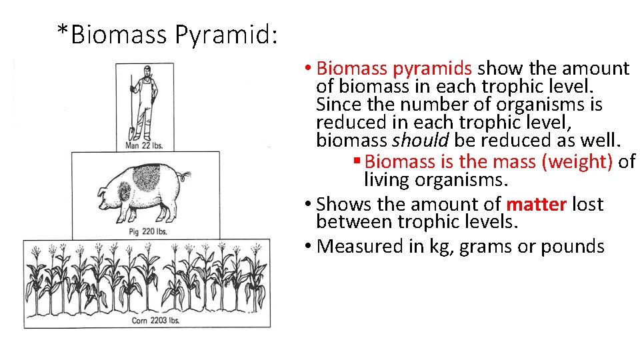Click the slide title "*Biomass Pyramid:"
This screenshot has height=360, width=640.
click(166, 34)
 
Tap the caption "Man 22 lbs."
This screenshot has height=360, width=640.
click(144, 145)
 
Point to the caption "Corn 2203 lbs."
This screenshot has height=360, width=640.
click(147, 321)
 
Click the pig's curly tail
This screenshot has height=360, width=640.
click(186, 177)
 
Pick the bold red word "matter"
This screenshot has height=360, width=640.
click(537, 204)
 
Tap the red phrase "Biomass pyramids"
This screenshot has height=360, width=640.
click(395, 69)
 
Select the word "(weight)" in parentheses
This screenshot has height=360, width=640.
click(583, 161)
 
